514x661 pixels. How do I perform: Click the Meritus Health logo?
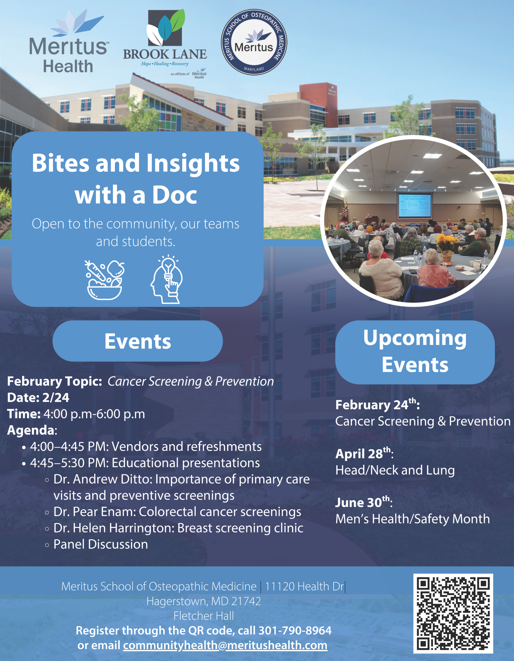(68, 42)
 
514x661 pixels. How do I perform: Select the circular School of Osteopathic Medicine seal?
(254, 42)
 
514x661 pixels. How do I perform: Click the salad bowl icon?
(105, 280)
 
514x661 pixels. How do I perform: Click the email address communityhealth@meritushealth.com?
(225, 645)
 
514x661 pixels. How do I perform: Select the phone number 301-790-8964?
(295, 631)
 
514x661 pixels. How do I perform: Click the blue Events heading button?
(138, 341)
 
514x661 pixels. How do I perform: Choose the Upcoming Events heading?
(415, 352)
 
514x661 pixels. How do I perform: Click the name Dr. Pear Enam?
(95, 512)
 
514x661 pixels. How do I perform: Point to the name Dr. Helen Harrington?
(114, 528)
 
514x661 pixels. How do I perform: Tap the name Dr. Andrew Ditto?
(102, 479)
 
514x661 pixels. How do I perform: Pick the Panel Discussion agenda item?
(100, 545)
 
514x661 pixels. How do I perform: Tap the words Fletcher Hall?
(204, 616)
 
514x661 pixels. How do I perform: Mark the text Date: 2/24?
(38, 397)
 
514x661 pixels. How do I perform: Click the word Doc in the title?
(175, 195)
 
